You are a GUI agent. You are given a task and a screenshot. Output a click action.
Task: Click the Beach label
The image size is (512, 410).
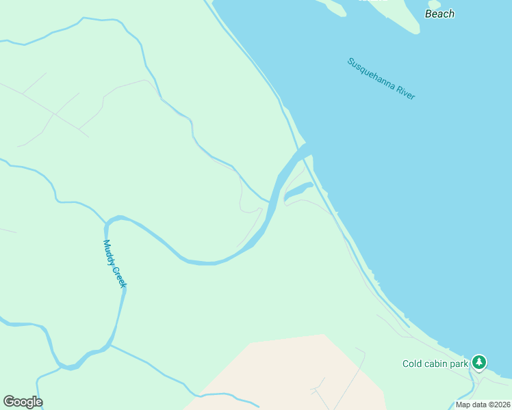pyautogui.click(x=439, y=14)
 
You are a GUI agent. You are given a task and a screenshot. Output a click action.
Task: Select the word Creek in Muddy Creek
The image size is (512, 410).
pyautogui.click(x=119, y=275)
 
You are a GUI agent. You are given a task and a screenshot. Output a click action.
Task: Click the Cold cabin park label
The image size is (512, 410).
pyautogui.click(x=435, y=364)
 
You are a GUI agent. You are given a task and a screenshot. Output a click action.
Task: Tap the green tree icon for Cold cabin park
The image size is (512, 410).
pyautogui.click(x=480, y=361)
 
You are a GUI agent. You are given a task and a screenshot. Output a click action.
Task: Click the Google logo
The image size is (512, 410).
pyautogui.click(x=23, y=402)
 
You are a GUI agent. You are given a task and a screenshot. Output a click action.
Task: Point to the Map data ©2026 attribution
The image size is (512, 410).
pyautogui.click(x=483, y=405)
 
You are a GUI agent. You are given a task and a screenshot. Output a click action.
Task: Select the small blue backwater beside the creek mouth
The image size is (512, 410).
pyautogui.click(x=298, y=191)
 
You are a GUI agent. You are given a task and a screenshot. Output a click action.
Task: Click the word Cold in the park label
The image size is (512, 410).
pyautogui.click(x=412, y=364)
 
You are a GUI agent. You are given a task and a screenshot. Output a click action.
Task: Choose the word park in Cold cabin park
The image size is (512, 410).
pyautogui.click(x=459, y=364)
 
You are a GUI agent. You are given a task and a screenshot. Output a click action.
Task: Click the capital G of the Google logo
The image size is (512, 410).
pyautogui.click(x=9, y=402)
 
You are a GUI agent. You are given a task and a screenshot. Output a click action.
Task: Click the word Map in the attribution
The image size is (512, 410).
pyautogui.click(x=463, y=405)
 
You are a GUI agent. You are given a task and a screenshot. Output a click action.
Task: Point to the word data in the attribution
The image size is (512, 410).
pyautogui.click(x=479, y=405)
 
